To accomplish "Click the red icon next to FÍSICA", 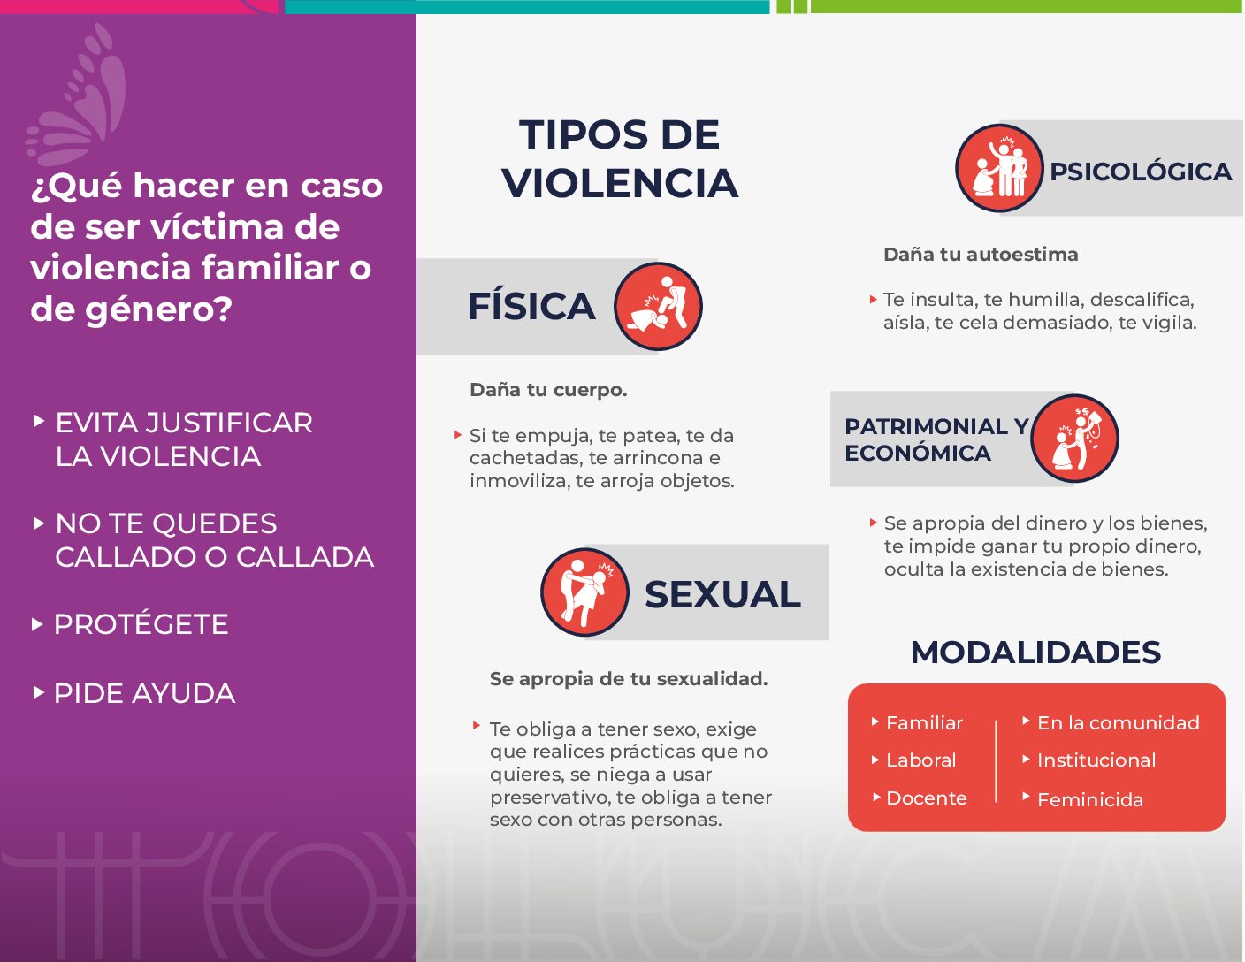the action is pyautogui.click(x=658, y=307).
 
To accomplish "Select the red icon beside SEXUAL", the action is pyautogui.click(x=585, y=592).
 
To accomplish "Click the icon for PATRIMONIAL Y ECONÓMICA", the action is pyautogui.click(x=1075, y=439).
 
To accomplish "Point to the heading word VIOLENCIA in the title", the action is pyautogui.click(x=620, y=183).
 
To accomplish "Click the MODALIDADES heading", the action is pyautogui.click(x=1035, y=652).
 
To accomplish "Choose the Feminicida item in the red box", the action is pyautogui.click(x=1090, y=800).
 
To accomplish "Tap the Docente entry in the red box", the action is pyautogui.click(x=927, y=798).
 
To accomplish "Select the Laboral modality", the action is pyautogui.click(x=921, y=760).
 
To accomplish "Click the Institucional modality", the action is pyautogui.click(x=1096, y=760).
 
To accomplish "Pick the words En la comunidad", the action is pyautogui.click(x=1119, y=723).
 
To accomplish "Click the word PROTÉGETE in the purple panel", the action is pyautogui.click(x=141, y=623).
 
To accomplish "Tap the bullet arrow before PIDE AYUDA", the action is pyautogui.click(x=38, y=692).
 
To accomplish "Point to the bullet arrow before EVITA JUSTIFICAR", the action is pyautogui.click(x=38, y=421).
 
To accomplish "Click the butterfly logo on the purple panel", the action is pyautogui.click(x=77, y=97).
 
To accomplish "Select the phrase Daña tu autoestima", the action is pyautogui.click(x=981, y=255).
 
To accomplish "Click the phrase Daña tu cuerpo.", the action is pyautogui.click(x=548, y=390).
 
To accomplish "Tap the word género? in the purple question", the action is pyautogui.click(x=159, y=309).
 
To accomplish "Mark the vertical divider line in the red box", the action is pyautogui.click(x=997, y=761).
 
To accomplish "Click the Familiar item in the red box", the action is pyautogui.click(x=925, y=723).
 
